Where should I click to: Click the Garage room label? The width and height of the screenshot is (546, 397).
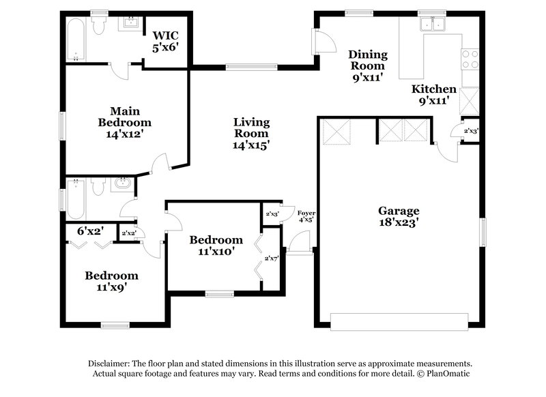399,216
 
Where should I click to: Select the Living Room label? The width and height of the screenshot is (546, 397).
251,133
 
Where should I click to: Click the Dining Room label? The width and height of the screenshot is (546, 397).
368,65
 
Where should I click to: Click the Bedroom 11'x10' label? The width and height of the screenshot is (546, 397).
216,245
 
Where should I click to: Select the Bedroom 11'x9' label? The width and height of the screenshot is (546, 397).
111,281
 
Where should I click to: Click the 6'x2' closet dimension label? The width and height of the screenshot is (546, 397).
90,231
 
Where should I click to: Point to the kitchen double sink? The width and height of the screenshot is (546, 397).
434,25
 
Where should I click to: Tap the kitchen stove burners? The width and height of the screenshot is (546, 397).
470,59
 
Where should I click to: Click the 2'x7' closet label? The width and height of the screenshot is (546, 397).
272,258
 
